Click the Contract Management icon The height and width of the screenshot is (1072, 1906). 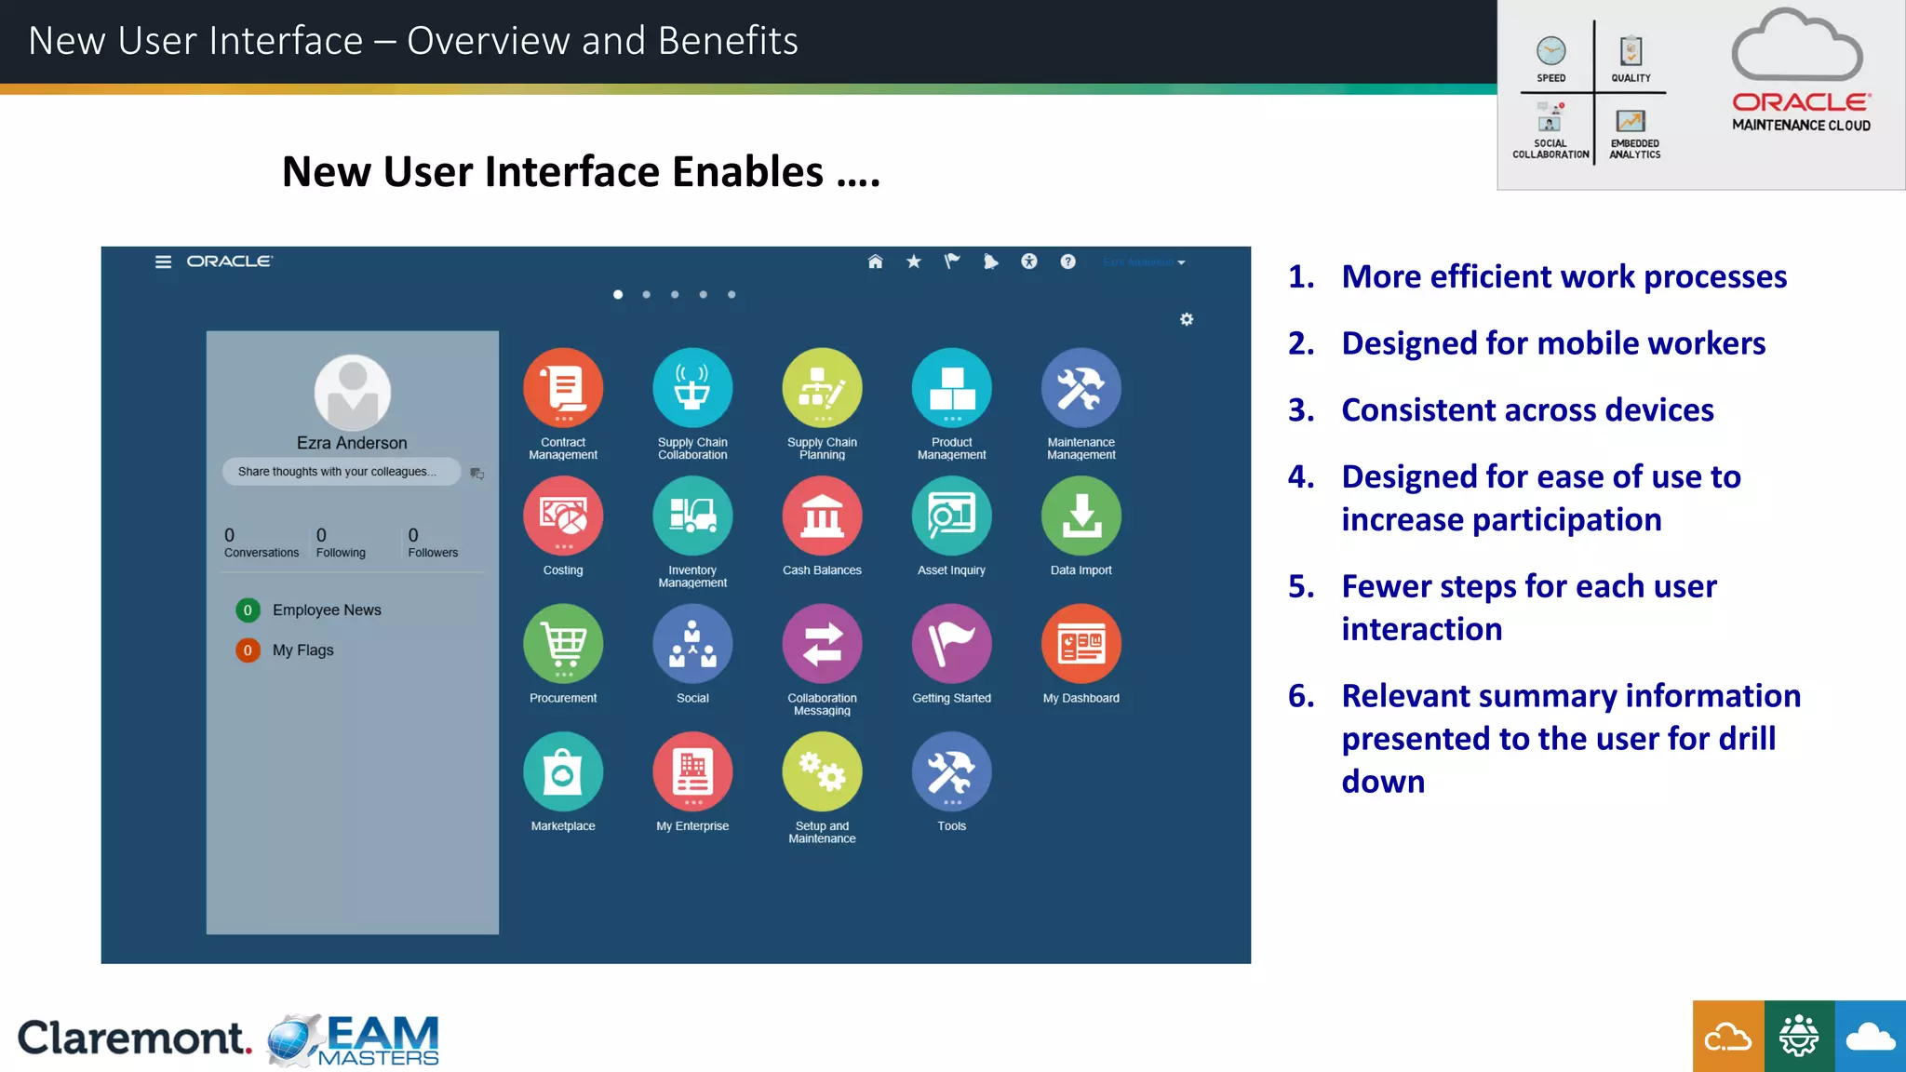pos(563,387)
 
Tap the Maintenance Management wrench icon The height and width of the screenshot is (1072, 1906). pos(1081,387)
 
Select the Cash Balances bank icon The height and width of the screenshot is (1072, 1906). pos(822,516)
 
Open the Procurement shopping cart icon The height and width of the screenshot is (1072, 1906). pos(563,643)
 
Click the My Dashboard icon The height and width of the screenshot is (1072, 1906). pos(1081,643)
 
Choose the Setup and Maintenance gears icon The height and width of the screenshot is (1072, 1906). pos(822,771)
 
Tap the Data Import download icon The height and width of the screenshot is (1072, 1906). pos(1081,516)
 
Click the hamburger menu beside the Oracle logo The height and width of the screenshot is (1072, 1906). pos(163,262)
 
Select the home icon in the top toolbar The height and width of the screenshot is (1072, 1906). pos(875,261)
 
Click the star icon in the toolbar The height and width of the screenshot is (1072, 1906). pos(914,261)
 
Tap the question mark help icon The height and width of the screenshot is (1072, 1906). pos(1067,261)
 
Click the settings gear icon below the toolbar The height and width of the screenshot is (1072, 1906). pos(1187,319)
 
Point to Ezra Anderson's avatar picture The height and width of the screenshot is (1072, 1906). pos(352,392)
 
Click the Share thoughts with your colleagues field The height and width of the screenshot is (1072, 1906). pos(341,472)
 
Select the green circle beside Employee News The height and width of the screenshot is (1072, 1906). pos(248,610)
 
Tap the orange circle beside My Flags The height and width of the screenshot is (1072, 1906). pos(248,650)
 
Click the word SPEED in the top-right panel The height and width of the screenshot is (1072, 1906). pos(1550,78)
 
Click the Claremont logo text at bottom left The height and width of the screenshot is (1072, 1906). pos(134,1038)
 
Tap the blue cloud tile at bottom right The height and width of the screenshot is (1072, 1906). pos(1870,1037)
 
